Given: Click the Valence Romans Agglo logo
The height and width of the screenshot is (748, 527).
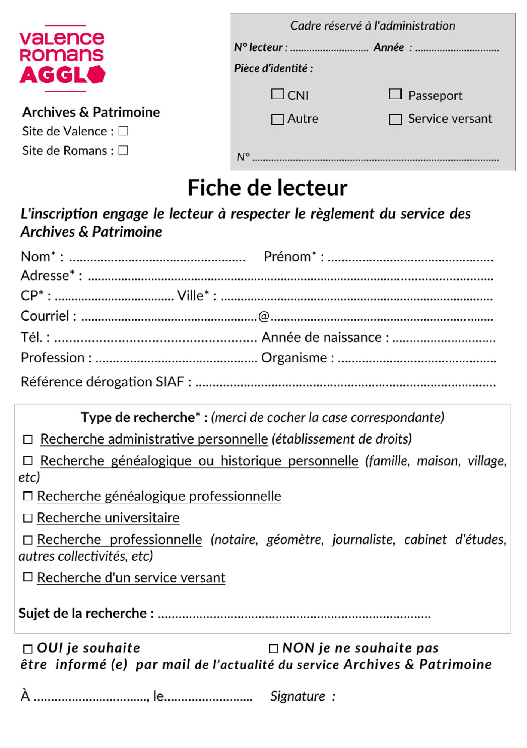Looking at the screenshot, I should (x=62, y=58).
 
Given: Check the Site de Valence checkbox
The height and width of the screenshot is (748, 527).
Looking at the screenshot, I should (x=123, y=131).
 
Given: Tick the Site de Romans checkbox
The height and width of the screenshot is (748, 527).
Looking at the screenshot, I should (x=123, y=150).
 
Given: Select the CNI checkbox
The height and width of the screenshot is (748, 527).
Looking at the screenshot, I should (x=277, y=94).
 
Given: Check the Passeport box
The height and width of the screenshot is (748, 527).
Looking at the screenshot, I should (x=395, y=94).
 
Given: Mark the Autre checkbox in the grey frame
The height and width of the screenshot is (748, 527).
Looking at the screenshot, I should (x=277, y=119).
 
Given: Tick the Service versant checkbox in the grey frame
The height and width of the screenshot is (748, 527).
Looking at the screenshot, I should (x=395, y=119).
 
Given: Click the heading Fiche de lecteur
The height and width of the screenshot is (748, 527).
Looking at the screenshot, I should (x=267, y=188).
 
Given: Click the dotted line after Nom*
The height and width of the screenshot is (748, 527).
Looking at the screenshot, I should (x=157, y=258).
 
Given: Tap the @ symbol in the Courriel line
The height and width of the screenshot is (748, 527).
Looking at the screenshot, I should (x=264, y=316).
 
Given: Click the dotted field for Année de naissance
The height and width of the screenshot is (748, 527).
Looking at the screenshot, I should (x=444, y=339).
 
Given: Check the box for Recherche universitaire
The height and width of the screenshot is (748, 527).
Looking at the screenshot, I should (x=28, y=518).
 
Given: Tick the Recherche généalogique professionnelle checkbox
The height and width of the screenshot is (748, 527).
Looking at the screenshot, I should (x=28, y=496).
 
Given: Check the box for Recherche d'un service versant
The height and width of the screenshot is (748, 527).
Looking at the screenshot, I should (x=28, y=577).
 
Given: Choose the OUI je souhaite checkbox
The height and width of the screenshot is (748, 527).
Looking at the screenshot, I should (x=28, y=649).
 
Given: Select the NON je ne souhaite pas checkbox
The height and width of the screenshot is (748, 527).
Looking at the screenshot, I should (x=274, y=649).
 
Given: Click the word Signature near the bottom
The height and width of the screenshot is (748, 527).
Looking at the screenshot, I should (x=298, y=696).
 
